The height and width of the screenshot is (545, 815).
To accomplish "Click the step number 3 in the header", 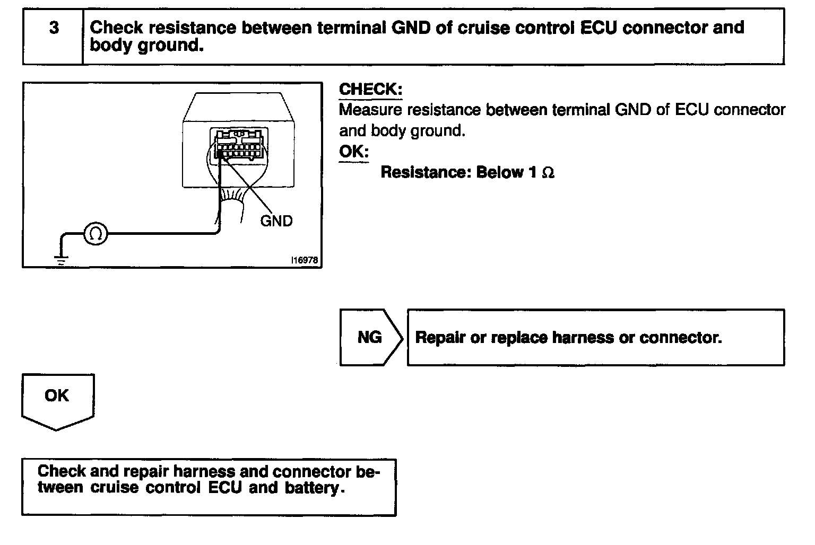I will coord(54,28).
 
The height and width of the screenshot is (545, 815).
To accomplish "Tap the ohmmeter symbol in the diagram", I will coord(96,234).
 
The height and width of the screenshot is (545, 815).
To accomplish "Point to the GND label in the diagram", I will coord(276,221).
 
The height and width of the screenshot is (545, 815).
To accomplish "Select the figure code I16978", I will coord(304,261).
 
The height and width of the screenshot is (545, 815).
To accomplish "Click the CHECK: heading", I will coord(370,89).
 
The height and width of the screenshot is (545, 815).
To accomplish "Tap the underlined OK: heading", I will coord(353,152).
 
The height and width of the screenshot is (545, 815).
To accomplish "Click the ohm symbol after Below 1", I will coord(548,173).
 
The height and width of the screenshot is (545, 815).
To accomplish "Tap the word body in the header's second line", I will coord(110,45).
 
